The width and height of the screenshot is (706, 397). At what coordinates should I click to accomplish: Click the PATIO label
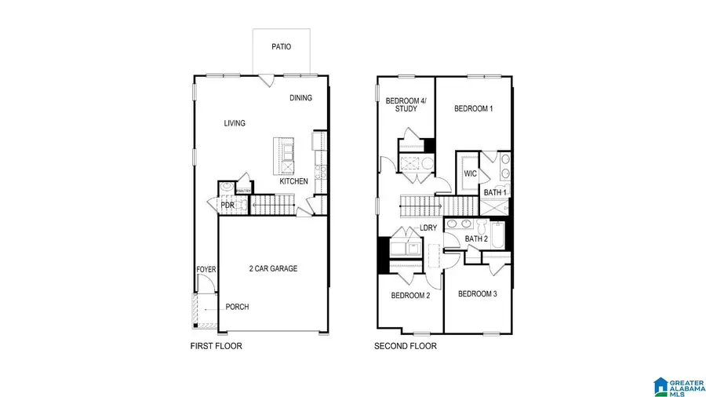coord(281,47)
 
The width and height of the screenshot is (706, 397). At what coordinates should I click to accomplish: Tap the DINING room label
coord(300,98)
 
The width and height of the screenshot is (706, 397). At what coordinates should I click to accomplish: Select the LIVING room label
coord(235,123)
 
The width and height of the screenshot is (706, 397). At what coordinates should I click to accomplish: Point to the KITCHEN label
coord(294,182)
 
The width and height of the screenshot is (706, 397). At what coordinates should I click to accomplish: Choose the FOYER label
coord(206,270)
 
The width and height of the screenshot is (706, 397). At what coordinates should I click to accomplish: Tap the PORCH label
coord(237,307)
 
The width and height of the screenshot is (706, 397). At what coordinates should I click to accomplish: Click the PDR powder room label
coord(227,206)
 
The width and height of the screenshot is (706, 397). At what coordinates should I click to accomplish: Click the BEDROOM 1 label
coord(474,109)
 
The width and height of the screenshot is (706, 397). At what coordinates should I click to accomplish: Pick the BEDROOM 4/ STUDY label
coord(400,104)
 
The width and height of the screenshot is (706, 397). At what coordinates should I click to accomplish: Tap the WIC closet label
coord(471,174)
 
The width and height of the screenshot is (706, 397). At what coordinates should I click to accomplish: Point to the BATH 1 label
coord(495,192)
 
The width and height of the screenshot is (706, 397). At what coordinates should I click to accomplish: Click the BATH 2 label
coord(476,239)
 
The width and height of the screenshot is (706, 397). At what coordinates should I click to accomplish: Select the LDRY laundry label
coord(428,228)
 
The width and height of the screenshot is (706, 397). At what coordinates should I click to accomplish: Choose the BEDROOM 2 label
coord(409,296)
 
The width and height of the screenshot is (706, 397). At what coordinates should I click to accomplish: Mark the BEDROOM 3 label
coord(477,294)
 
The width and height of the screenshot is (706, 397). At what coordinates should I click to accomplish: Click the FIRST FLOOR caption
coord(217,346)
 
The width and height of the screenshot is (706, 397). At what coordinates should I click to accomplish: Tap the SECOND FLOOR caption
coord(405,346)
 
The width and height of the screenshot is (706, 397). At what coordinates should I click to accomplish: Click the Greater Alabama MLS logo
coord(678,384)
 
